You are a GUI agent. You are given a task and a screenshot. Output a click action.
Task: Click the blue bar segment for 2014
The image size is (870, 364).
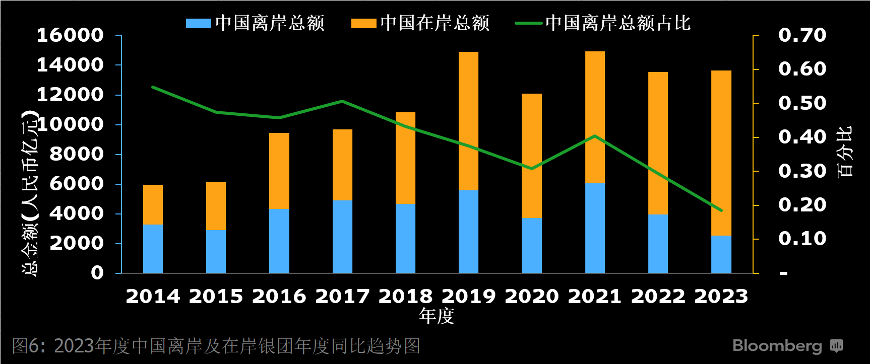point(153,249)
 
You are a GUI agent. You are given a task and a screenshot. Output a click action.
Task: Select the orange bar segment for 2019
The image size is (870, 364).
point(468,121)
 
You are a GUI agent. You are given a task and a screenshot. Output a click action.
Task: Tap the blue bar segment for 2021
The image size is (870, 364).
point(595,228)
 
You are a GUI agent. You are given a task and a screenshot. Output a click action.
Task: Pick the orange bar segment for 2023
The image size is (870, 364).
point(721,153)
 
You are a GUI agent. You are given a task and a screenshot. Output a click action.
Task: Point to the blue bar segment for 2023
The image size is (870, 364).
point(721,254)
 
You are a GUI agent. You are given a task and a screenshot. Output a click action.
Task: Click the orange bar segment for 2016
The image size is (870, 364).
point(279,171)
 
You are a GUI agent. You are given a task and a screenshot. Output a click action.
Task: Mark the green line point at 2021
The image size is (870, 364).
point(595,136)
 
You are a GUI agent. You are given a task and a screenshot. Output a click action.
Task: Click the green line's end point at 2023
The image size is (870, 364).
point(721,210)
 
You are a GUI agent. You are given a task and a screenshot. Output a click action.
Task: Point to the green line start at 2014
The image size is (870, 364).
point(153,87)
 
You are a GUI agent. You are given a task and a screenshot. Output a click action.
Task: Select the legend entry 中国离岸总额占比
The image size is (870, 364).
point(603,23)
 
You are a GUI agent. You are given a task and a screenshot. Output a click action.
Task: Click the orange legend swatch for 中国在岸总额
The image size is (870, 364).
point(363,24)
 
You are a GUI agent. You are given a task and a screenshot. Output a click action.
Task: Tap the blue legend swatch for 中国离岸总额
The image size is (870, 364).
point(198,24)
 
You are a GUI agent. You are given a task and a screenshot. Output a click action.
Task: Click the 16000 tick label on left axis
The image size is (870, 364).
point(70,35)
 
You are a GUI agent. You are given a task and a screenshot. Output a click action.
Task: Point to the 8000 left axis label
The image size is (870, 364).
point(77,154)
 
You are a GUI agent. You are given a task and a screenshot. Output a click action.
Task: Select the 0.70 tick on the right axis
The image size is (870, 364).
point(802,35)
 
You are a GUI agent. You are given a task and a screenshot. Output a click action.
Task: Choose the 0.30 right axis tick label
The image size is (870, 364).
point(802,171)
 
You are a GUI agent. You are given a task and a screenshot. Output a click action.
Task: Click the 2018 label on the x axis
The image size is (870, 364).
point(406,296)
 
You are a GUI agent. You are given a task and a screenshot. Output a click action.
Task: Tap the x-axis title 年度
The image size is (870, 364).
point(437,316)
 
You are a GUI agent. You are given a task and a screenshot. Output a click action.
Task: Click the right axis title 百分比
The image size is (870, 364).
point(845,152)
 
